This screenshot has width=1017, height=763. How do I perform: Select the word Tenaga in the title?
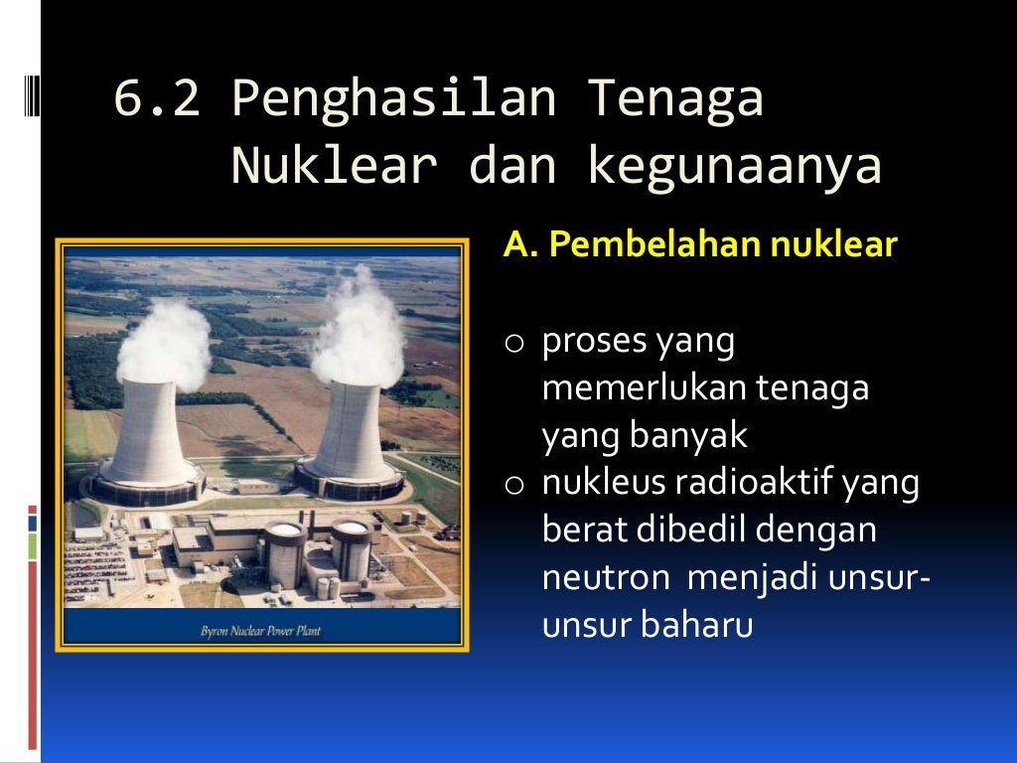point(675,100)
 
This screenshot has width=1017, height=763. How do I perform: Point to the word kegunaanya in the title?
point(734,166)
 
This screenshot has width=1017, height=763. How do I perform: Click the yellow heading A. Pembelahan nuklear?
point(700,244)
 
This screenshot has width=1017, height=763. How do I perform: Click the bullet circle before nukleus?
point(513,486)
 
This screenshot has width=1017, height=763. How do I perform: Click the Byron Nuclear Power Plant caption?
point(261,630)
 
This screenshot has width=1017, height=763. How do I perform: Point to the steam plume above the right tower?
point(359,328)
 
